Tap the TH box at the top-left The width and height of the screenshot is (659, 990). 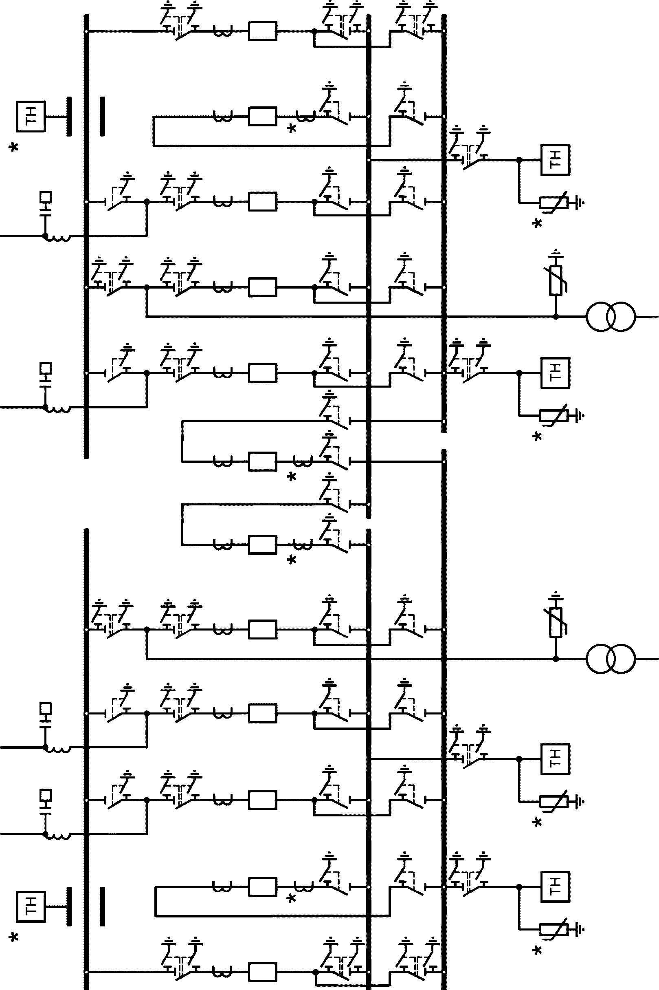[x=31, y=117]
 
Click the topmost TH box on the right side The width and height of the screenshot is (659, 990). [x=555, y=160]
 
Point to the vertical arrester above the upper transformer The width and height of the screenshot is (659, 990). [x=556, y=280]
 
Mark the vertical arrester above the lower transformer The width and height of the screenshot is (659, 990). [x=556, y=622]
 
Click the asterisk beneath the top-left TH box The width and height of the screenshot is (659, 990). [x=14, y=148]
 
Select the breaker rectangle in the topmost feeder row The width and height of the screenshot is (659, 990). [x=263, y=31]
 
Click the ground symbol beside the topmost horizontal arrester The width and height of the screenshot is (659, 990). [x=580, y=203]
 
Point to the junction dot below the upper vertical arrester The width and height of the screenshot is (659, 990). [x=556, y=316]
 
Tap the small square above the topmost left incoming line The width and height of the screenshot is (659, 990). [x=45, y=197]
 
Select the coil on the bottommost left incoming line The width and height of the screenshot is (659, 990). [x=57, y=836]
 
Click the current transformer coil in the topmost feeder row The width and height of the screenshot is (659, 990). [x=222, y=32]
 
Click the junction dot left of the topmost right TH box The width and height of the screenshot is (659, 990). [x=519, y=160]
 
